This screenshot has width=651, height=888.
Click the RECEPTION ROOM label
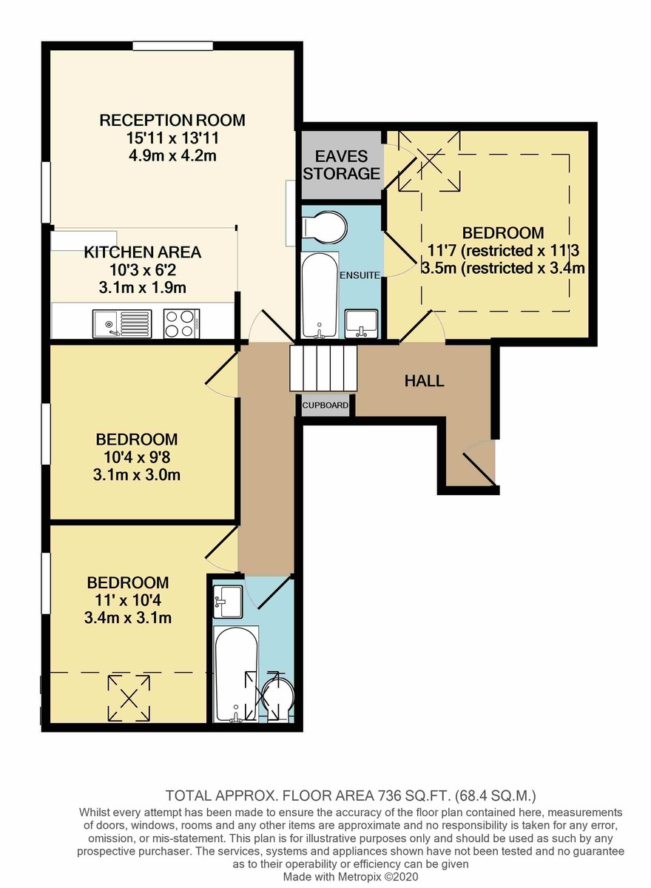pyautogui.click(x=172, y=120)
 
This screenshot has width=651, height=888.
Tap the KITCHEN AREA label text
pyautogui.click(x=142, y=252)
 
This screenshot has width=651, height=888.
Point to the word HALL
pyautogui.click(x=424, y=381)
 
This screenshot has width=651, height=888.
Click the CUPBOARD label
pyautogui.click(x=325, y=406)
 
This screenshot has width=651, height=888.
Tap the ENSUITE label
pyautogui.click(x=360, y=275)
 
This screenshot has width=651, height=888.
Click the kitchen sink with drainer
pyautogui.click(x=122, y=323)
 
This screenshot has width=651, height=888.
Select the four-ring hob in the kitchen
pyautogui.click(x=181, y=323)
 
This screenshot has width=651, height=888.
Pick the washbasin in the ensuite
pyautogui.click(x=362, y=323)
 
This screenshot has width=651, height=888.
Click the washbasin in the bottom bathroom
pyautogui.click(x=228, y=601)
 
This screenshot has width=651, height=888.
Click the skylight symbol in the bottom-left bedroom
pyautogui.click(x=130, y=698)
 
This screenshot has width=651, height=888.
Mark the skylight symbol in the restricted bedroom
pyautogui.click(x=429, y=160)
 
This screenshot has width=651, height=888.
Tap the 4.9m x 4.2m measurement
pyautogui.click(x=172, y=155)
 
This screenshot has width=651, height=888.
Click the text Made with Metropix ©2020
pyautogui.click(x=352, y=875)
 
